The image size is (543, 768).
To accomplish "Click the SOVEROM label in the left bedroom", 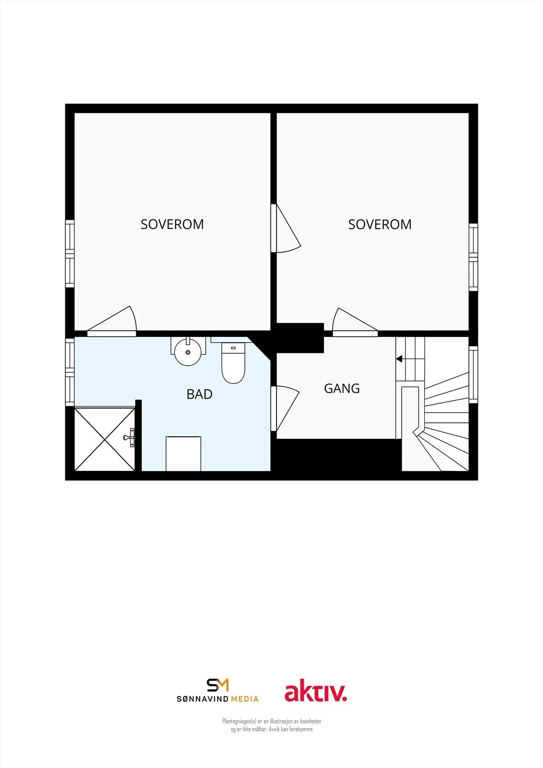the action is (x=172, y=224).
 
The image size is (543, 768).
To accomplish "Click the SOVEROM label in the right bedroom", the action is (x=380, y=224).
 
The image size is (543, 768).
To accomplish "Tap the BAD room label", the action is (x=199, y=394).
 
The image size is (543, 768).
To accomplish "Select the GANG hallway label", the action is (x=342, y=388).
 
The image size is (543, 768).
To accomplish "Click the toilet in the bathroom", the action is (x=233, y=363).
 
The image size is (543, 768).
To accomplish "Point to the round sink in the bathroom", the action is (x=188, y=352).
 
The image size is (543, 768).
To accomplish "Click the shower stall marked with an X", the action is (x=105, y=439).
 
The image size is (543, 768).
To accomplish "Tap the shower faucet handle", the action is (x=130, y=437).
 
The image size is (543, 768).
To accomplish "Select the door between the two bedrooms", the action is (x=285, y=228).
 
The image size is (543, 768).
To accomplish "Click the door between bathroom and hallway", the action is (x=284, y=408).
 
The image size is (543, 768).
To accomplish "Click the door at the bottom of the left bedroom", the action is (x=112, y=322).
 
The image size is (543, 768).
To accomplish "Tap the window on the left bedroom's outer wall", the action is (x=70, y=254).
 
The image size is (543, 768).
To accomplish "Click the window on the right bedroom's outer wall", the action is (x=473, y=257).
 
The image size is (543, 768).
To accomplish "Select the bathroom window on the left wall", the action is (x=70, y=372).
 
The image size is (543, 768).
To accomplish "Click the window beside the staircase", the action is (x=473, y=374).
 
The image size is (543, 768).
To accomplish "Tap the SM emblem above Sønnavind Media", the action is (x=217, y=685).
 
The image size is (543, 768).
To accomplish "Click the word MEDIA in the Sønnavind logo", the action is (x=244, y=699).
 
